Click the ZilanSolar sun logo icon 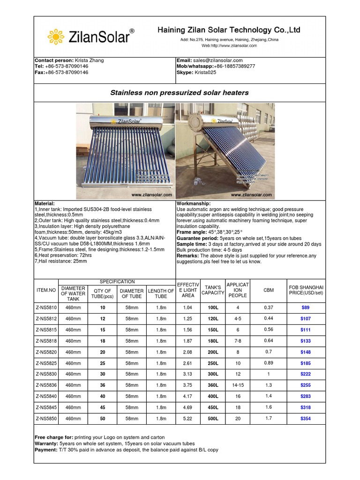(56, 36)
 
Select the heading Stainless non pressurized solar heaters (180, 93)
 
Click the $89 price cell (306, 307)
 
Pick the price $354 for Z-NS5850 (306, 419)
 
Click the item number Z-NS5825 (46, 363)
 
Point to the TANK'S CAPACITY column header (213, 290)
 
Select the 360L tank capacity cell (213, 385)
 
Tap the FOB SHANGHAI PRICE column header (306, 290)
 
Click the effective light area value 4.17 (187, 397)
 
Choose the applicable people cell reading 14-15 (238, 385)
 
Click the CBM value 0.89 (269, 363)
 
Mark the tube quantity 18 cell (103, 341)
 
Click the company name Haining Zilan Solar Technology (229, 30)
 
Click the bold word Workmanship (193, 204)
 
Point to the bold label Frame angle (191, 232)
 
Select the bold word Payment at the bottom (46, 450)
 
